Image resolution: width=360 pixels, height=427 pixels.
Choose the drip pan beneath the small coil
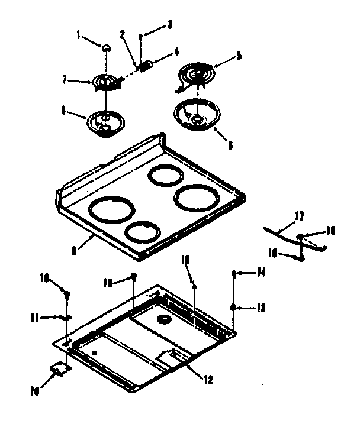[x=104, y=122]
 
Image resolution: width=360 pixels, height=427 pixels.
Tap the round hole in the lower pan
[x=160, y=320]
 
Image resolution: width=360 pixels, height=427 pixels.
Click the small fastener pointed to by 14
[x=235, y=273]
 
